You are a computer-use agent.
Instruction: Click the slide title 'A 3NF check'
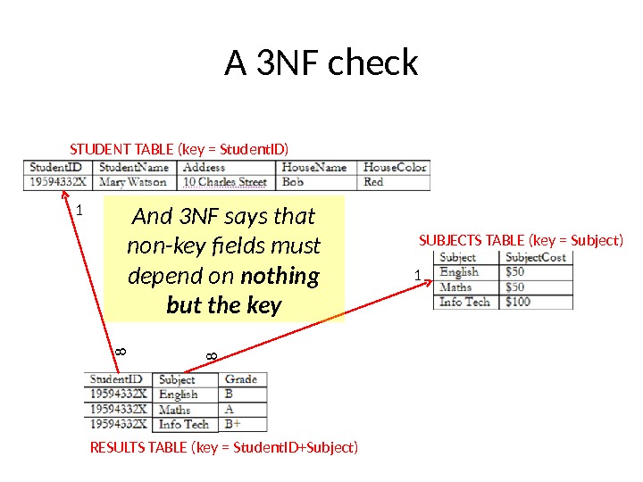(x=321, y=63)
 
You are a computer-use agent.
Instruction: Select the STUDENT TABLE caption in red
(x=180, y=148)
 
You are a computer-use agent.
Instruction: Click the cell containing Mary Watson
(x=134, y=182)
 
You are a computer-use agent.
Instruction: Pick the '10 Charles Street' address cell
(x=225, y=182)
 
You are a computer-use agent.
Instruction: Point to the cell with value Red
(x=374, y=182)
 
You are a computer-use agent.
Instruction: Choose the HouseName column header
(x=314, y=167)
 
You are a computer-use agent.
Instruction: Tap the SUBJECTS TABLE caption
(x=521, y=240)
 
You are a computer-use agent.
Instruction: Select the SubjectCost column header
(x=536, y=257)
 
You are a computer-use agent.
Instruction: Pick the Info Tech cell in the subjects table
(x=464, y=302)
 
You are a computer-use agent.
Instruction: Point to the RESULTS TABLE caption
(x=224, y=446)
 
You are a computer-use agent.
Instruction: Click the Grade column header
(x=241, y=379)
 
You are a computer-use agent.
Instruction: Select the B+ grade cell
(x=233, y=424)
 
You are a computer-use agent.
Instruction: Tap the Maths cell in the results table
(x=175, y=410)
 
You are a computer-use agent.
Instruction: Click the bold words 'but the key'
(x=224, y=306)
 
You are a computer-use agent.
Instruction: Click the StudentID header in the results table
(x=116, y=379)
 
